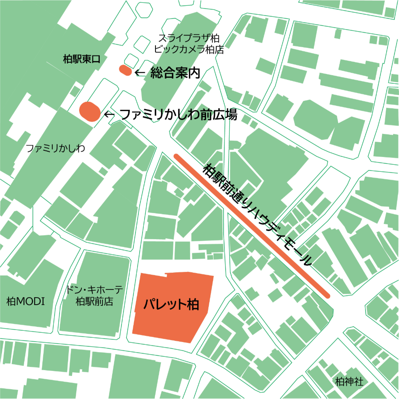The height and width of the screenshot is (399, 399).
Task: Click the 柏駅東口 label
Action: click(x=81, y=59)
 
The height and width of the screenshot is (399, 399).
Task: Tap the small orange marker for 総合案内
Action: click(x=125, y=71)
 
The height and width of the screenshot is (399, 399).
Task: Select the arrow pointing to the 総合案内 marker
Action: click(x=139, y=72)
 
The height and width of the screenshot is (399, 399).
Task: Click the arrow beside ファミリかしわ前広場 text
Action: click(x=109, y=115)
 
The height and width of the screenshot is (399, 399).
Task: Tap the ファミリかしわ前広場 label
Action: click(x=178, y=115)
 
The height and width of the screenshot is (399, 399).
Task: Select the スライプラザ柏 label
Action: click(x=189, y=38)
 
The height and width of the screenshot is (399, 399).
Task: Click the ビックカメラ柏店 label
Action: click(x=189, y=49)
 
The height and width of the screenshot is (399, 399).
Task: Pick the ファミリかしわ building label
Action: click(x=55, y=148)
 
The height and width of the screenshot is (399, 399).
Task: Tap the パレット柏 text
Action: click(x=171, y=304)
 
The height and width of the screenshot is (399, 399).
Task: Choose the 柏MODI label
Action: click(x=26, y=301)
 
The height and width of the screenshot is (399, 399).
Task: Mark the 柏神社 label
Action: click(x=349, y=381)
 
